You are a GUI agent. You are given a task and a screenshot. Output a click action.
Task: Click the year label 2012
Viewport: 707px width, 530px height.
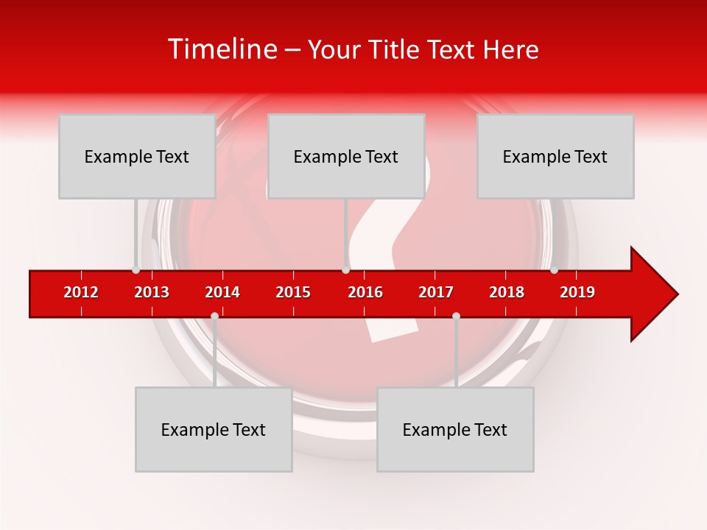point(81,292)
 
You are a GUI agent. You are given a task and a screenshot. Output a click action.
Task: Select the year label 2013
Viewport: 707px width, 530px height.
point(152,292)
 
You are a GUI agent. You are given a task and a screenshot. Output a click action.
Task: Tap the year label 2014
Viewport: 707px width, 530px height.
point(222,292)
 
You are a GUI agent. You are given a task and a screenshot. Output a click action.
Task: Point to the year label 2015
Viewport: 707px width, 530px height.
point(293,292)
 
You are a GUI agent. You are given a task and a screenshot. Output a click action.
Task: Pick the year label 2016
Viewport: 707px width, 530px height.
point(365,292)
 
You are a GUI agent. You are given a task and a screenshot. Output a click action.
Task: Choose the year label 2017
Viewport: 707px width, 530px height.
point(436,292)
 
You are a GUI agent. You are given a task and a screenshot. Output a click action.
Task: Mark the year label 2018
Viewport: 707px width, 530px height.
point(507,292)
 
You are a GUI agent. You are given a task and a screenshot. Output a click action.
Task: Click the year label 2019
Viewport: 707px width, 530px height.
point(577,292)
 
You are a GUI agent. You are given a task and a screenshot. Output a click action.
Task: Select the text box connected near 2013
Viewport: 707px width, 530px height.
point(137,156)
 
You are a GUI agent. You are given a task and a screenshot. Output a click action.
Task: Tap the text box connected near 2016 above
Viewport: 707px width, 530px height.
point(346,156)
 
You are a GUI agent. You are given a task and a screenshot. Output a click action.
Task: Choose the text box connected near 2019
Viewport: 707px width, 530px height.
point(555,156)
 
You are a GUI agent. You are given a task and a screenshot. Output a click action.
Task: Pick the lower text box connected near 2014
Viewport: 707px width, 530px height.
point(214,429)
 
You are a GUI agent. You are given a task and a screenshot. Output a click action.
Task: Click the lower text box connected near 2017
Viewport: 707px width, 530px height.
point(455,429)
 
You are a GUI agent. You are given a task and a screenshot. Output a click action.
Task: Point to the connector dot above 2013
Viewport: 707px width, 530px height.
point(136,270)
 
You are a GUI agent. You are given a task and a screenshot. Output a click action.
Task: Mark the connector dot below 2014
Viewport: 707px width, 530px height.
point(214,316)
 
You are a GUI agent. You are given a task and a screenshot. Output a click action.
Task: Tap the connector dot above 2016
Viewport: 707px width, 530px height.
point(345,270)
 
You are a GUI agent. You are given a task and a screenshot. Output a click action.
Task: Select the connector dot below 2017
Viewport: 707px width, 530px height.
point(456,316)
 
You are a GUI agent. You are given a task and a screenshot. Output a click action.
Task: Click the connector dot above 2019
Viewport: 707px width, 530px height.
point(554,270)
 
